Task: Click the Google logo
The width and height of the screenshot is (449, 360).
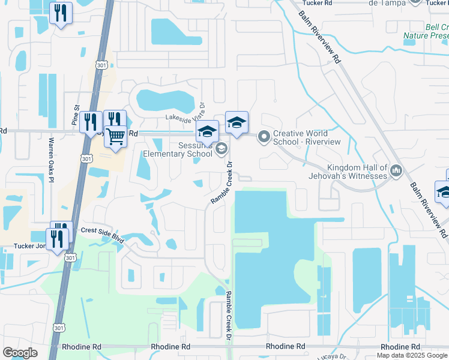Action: tap(20, 353)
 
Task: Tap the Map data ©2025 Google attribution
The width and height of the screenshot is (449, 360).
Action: tap(412, 355)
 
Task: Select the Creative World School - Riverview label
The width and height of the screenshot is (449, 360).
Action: tap(307, 137)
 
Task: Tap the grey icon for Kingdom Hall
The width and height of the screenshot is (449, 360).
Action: tap(396, 172)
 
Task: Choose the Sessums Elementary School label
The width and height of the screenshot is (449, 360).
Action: tap(178, 149)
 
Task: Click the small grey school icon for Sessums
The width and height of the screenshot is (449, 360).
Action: tap(221, 149)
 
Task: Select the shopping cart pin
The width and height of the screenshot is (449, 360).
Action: tap(115, 136)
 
